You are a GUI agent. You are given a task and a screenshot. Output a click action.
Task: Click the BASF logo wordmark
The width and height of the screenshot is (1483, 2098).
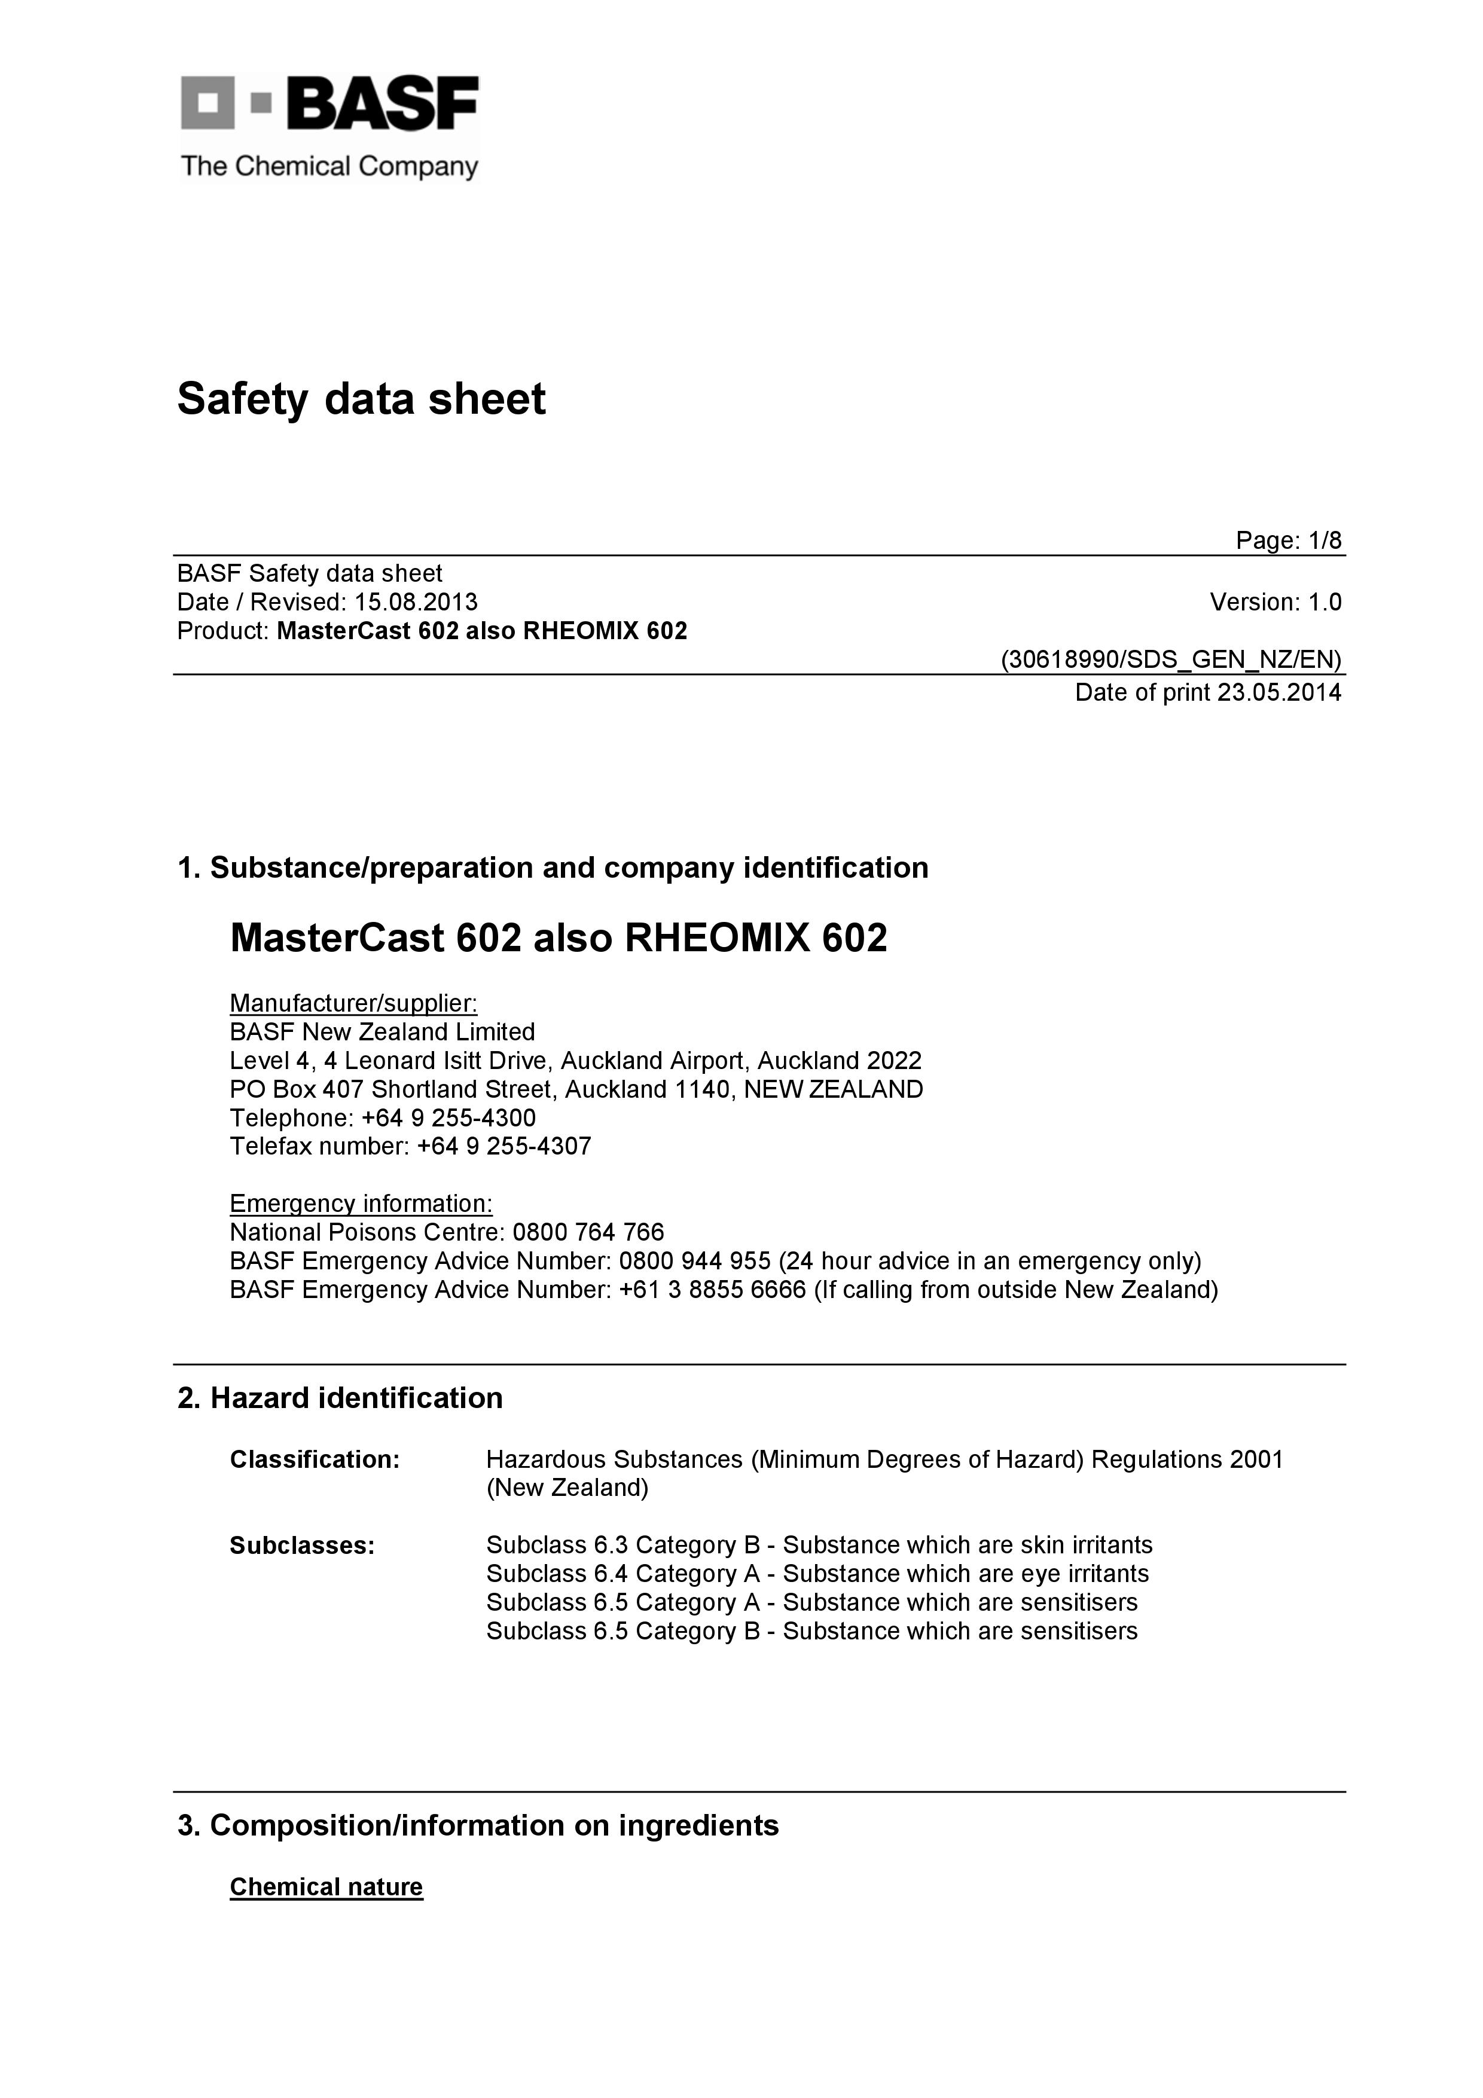tap(382, 103)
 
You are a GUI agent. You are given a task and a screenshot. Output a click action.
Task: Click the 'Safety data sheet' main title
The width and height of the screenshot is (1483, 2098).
tap(361, 399)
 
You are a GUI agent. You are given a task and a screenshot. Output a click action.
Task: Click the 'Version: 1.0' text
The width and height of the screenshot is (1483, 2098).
tap(1275, 602)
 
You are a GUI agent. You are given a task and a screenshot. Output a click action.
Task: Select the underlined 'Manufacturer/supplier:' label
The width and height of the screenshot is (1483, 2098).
tap(353, 1003)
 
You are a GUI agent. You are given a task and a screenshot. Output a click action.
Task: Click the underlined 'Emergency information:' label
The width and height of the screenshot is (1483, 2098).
tap(361, 1204)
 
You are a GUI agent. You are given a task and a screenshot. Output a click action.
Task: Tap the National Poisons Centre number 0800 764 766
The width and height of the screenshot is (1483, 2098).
tap(588, 1233)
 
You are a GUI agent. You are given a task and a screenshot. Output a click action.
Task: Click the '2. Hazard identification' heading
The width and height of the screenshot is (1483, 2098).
tap(340, 1398)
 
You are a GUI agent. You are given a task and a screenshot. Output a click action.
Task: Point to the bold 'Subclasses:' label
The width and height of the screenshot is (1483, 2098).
tap(303, 1545)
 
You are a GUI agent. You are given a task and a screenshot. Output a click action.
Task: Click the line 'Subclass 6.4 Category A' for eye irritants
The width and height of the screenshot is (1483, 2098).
tap(817, 1574)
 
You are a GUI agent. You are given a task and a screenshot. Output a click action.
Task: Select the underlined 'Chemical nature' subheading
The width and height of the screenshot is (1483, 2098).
tap(326, 1887)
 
